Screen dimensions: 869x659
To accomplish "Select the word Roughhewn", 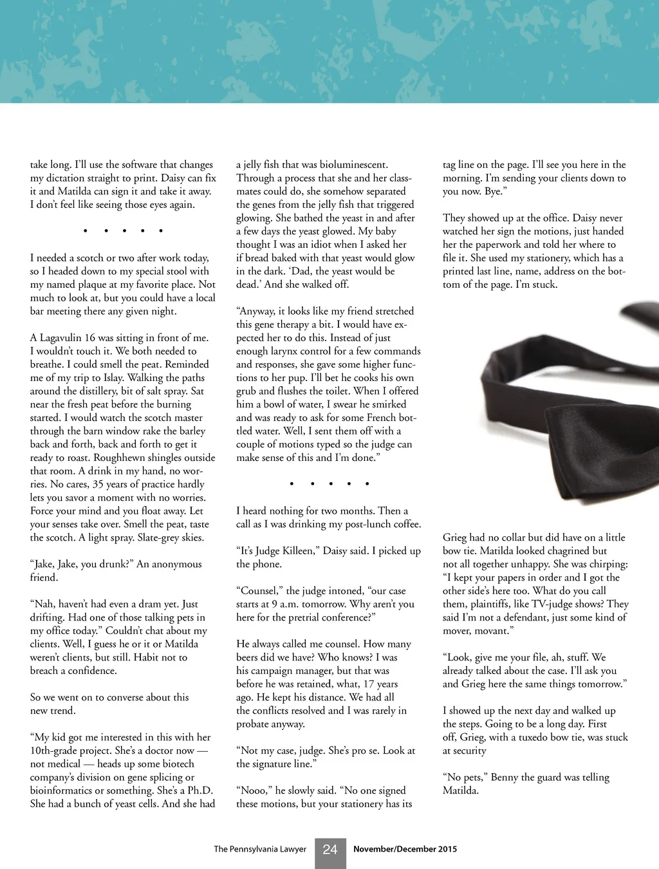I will pos(121,458).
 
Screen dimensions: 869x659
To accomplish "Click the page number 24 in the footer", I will pos(330,850).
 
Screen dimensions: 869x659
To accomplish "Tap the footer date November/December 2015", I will pos(405,849).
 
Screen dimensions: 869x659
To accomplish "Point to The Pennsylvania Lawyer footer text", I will pos(260,849).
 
